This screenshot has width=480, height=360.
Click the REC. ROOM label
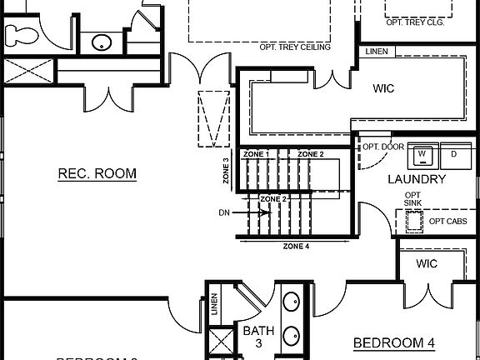pyautogui.click(x=97, y=173)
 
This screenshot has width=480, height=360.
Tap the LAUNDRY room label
pyautogui.click(x=417, y=179)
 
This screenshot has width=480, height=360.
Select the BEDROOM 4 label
pyautogui.click(x=394, y=342)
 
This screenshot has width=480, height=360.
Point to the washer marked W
pyautogui.click(x=422, y=154)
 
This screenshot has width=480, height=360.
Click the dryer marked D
pyautogui.click(x=454, y=154)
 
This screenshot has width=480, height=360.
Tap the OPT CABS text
pyautogui.click(x=447, y=221)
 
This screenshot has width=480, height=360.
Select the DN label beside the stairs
pyautogui.click(x=224, y=212)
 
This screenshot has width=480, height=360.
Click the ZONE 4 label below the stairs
pyautogui.click(x=296, y=247)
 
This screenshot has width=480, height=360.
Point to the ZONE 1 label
pyautogui.click(x=256, y=155)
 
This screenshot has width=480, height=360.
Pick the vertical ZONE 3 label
pyautogui.click(x=226, y=171)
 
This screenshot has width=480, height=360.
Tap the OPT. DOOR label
pyautogui.click(x=382, y=147)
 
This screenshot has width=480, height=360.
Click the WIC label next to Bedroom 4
pyautogui.click(x=427, y=264)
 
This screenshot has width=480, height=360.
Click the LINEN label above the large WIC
pyautogui.click(x=377, y=52)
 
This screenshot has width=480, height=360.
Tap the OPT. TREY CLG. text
pyautogui.click(x=417, y=22)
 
